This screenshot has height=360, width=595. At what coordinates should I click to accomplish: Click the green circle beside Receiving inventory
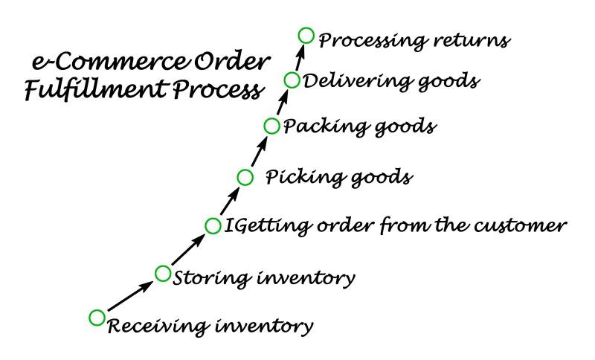97,318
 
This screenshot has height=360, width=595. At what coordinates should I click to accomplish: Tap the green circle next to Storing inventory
163,273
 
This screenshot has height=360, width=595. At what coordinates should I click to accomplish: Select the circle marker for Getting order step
213,225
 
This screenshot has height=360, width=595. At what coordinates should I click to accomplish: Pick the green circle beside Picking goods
245,176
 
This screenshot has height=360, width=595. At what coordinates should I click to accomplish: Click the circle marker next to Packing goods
271,125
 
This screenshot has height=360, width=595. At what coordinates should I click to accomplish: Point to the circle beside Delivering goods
292,80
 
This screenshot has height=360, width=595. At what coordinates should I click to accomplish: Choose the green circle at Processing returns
306,35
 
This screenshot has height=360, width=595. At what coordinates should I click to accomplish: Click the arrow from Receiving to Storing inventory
129,295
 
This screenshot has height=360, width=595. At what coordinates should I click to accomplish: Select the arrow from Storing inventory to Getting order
187,249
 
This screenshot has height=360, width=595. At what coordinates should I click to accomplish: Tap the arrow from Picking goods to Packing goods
258,151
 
